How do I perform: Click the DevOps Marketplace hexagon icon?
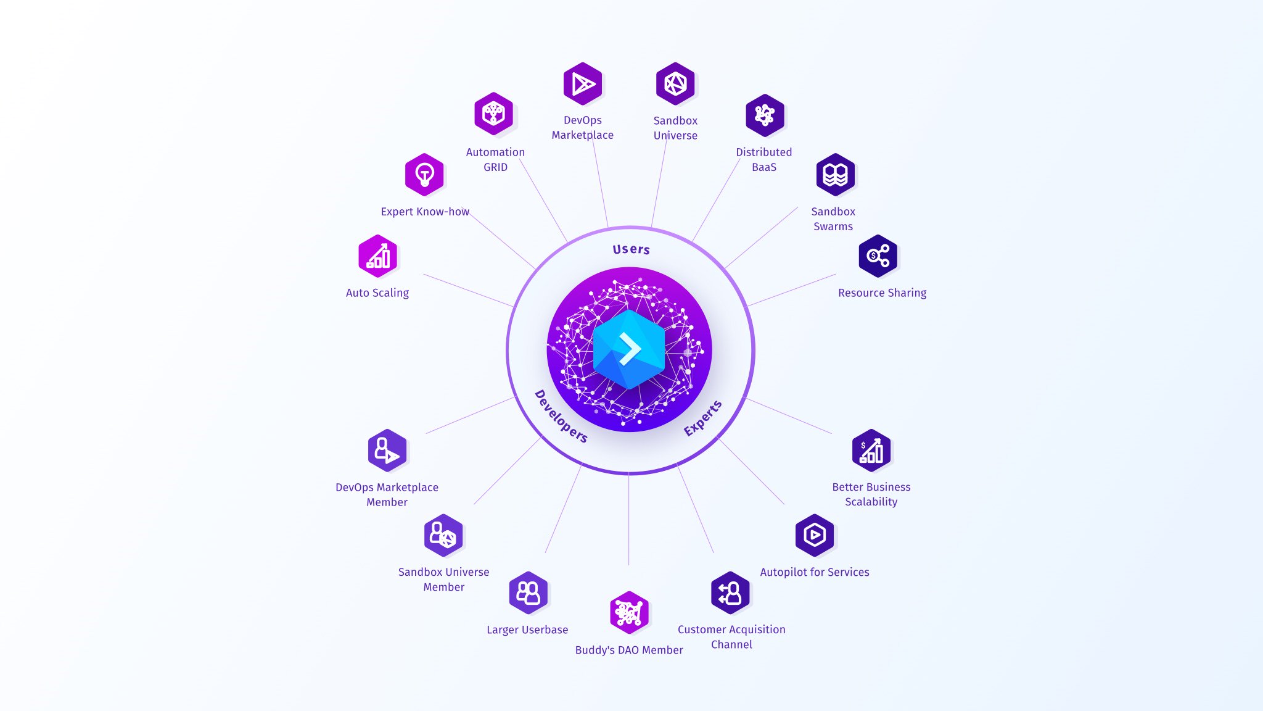click(582, 84)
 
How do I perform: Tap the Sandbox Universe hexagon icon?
click(675, 84)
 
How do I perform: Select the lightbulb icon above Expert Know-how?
click(424, 175)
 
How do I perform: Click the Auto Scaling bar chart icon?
click(377, 256)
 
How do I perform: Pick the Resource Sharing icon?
click(878, 256)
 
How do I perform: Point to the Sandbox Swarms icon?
click(835, 175)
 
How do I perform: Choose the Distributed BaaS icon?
click(765, 115)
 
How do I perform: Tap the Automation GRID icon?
click(493, 114)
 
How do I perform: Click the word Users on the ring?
click(631, 249)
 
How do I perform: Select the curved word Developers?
click(561, 416)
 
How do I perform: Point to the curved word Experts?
click(702, 418)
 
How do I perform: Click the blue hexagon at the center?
click(629, 349)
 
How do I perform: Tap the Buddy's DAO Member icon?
click(629, 613)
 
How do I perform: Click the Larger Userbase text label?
click(527, 630)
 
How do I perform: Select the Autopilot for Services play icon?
click(815, 535)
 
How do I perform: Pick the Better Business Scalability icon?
click(871, 451)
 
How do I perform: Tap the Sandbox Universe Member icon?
click(443, 535)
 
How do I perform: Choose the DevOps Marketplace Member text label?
click(387, 494)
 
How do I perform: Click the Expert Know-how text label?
click(425, 212)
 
